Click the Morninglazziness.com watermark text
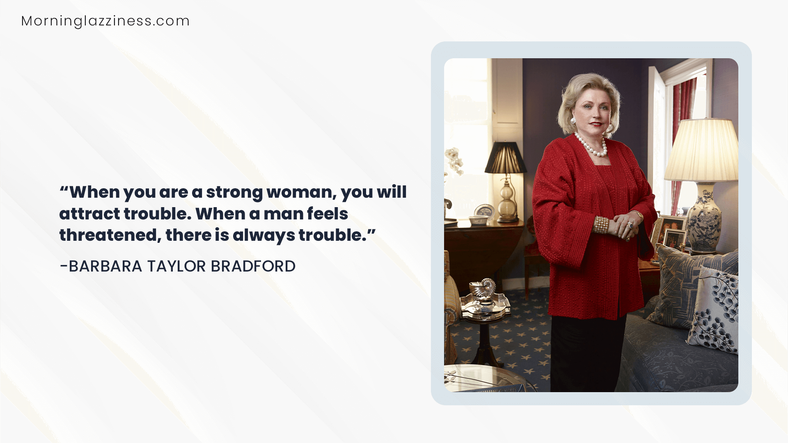click(105, 21)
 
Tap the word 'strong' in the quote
click(234, 192)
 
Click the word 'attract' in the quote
click(89, 214)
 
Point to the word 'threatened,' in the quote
click(110, 235)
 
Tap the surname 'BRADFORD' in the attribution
click(253, 266)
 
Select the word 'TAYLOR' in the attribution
click(176, 266)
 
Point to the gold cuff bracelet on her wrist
click(602, 225)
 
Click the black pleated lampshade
click(506, 158)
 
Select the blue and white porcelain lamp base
click(704, 219)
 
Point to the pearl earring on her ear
click(573, 121)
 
